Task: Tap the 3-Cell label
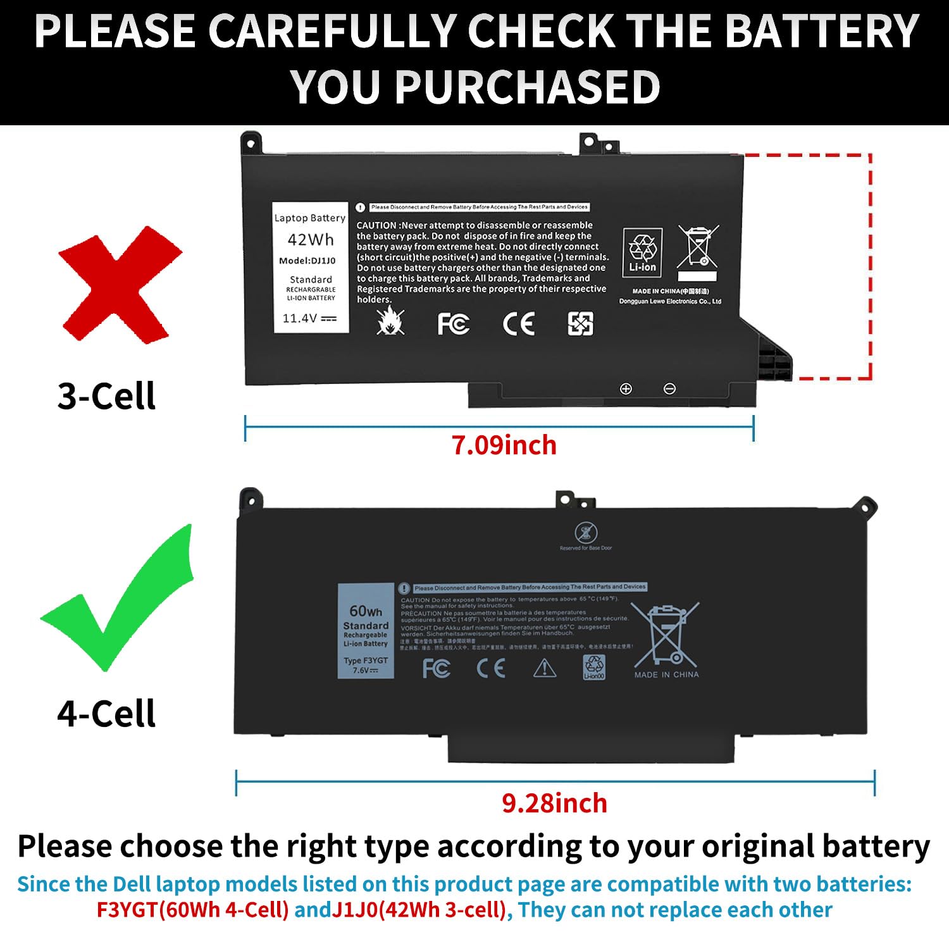pos(106,396)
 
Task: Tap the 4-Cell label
pos(106,714)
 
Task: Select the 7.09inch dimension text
pos(504,445)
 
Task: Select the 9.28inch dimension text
pos(554,803)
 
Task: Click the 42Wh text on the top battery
pos(311,240)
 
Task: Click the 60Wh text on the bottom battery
pos(366,611)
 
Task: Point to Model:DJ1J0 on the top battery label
pos(307,261)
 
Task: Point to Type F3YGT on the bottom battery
pos(366,661)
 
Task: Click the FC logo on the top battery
pos(453,325)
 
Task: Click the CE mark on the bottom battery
pos(491,668)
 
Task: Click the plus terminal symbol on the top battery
pos(626,388)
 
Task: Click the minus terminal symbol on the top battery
pos(669,388)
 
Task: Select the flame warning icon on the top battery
pos(390,321)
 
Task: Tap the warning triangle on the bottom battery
pos(544,668)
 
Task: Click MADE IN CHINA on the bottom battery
pos(666,675)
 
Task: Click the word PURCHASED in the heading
pos(527,87)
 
